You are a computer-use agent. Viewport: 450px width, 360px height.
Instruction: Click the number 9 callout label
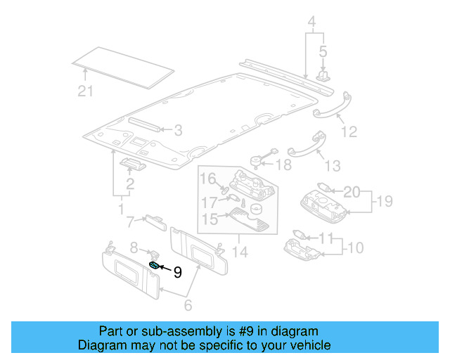click(177, 272)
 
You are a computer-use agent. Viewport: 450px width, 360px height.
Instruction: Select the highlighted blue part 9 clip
click(154, 265)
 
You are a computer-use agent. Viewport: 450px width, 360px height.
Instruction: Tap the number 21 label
click(85, 91)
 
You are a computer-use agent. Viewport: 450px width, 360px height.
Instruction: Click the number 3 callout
click(178, 130)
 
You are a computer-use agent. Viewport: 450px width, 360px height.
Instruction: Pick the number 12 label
click(349, 131)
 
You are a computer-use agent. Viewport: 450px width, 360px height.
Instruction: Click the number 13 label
click(332, 166)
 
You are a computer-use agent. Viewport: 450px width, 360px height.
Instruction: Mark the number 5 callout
click(323, 51)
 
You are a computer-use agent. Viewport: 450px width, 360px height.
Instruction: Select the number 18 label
click(283, 165)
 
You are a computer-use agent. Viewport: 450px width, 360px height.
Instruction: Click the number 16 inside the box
click(208, 179)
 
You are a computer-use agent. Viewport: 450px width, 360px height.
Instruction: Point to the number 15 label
click(210, 220)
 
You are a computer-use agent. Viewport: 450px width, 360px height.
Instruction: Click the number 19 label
click(382, 202)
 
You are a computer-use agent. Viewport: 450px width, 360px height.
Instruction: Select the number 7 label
click(129, 223)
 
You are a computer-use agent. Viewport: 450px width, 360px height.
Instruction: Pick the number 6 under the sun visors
click(188, 306)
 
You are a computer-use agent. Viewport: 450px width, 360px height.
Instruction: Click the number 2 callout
click(129, 185)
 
